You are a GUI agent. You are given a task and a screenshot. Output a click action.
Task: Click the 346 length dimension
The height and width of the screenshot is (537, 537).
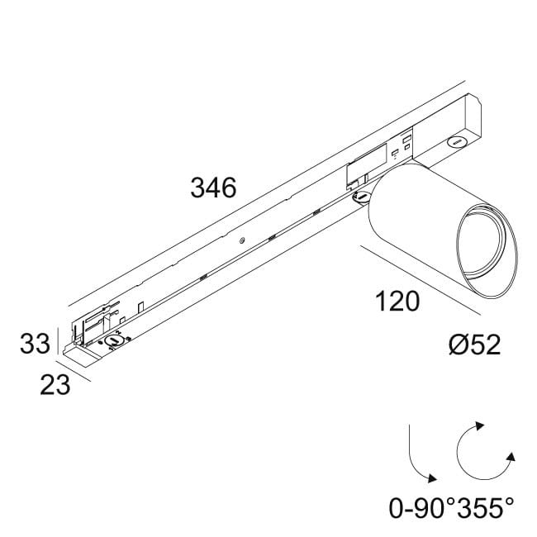click(213, 188)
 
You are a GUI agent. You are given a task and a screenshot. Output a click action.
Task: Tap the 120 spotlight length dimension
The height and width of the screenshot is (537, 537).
click(397, 302)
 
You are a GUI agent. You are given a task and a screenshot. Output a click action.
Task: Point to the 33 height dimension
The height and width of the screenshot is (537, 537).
click(36, 344)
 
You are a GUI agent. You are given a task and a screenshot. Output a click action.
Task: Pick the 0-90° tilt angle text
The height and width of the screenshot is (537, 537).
click(421, 507)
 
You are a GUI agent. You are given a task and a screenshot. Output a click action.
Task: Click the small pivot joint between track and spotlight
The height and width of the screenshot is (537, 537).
click(362, 196)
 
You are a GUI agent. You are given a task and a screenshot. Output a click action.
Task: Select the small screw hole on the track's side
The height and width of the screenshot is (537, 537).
click(241, 241)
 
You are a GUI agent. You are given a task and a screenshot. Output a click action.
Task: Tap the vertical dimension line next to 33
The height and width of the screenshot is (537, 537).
click(57, 341)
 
